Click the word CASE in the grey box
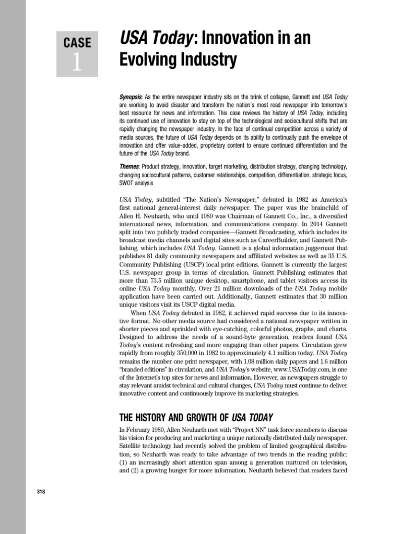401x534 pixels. [77, 42]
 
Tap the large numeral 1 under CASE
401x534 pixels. [77, 63]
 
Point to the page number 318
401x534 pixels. [42, 493]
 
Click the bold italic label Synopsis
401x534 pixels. [131, 96]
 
